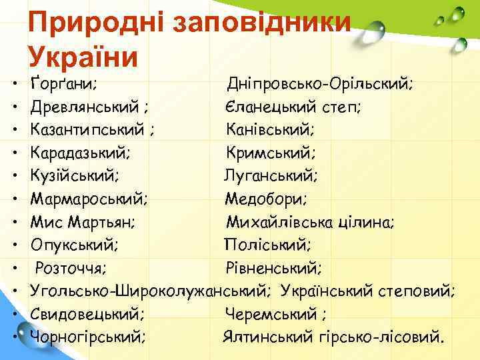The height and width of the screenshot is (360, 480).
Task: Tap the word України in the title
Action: (x=83, y=56)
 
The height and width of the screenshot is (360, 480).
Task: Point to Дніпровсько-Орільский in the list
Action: (x=320, y=85)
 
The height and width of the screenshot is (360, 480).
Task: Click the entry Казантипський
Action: (x=89, y=130)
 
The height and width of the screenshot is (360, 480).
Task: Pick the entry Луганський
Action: (x=271, y=176)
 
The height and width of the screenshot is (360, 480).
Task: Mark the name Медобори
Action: (x=265, y=199)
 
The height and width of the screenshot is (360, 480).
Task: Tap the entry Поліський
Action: (x=267, y=244)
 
